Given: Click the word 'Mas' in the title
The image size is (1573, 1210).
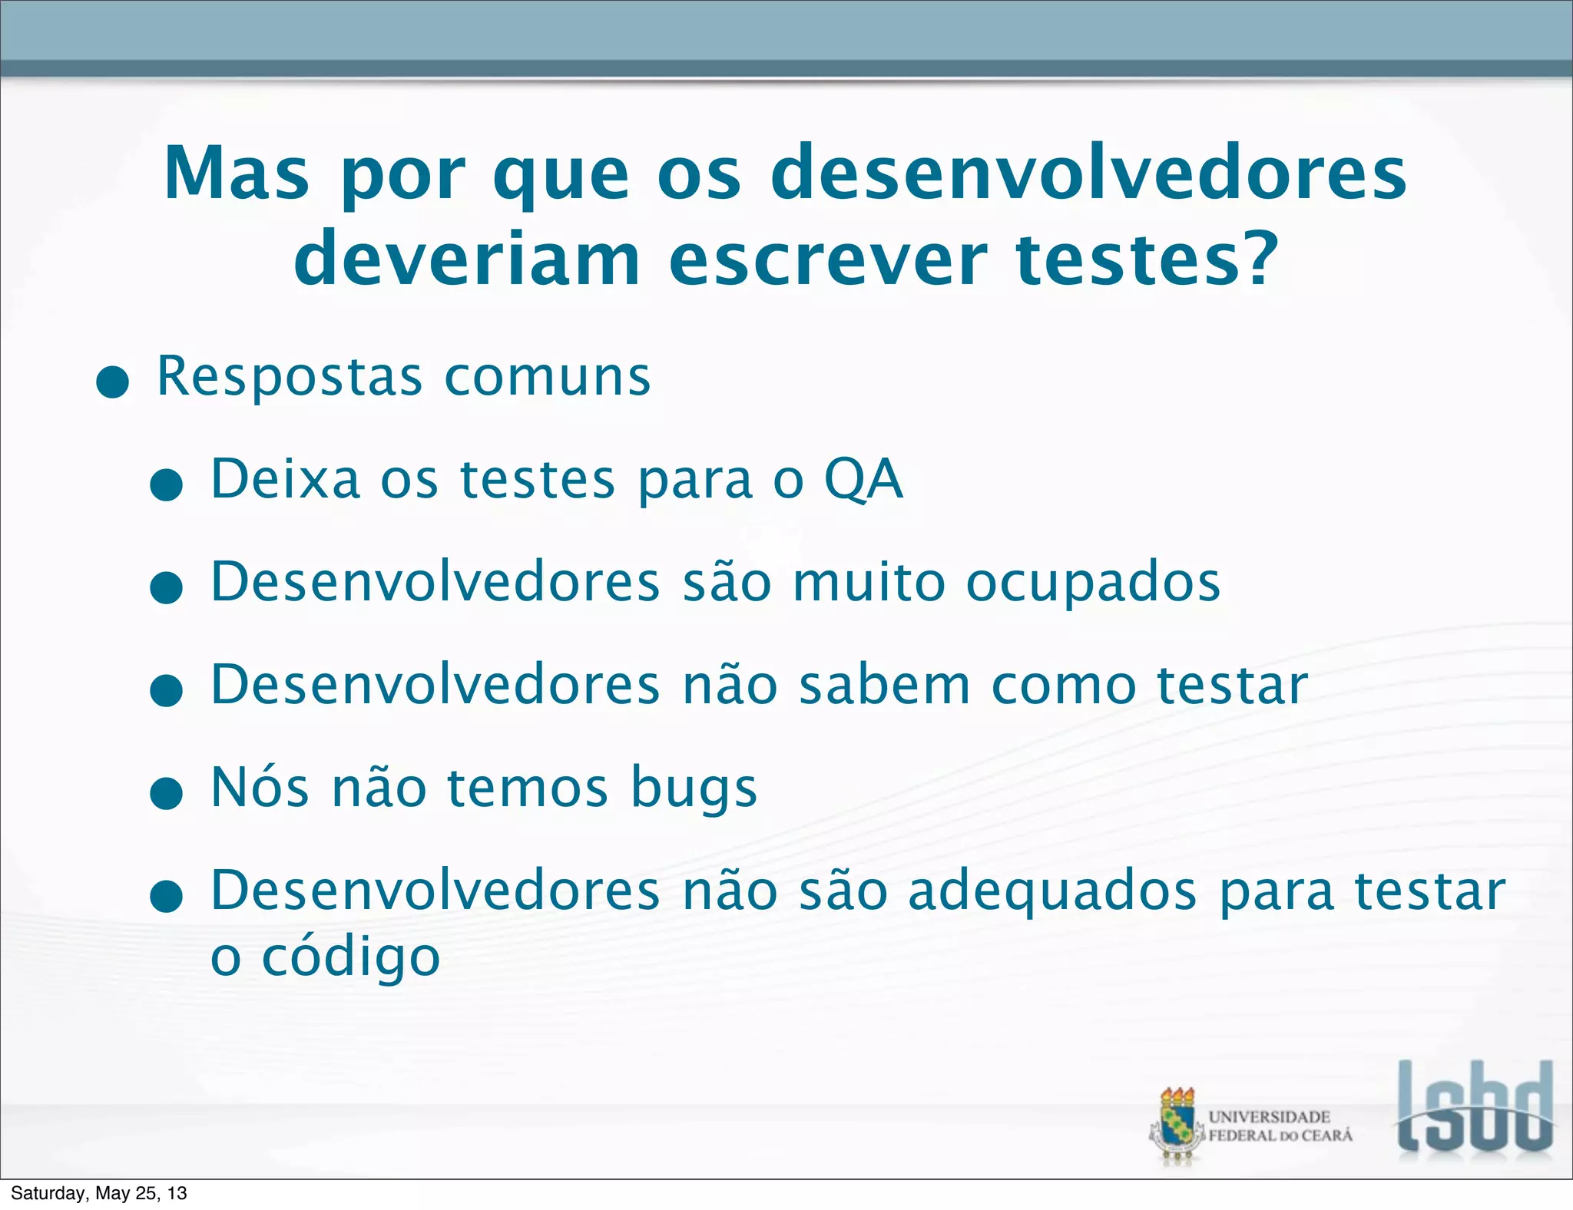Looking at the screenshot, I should [237, 175].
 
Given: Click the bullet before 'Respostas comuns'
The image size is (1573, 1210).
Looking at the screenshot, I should [113, 382].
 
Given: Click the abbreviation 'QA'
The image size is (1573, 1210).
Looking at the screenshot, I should [863, 480].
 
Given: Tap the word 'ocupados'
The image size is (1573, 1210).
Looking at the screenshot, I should [1092, 584].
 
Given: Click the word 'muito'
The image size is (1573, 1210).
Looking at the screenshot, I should [869, 582].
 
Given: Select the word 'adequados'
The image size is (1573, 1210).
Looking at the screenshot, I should [1052, 892].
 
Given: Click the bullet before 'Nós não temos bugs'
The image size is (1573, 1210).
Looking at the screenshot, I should [167, 793].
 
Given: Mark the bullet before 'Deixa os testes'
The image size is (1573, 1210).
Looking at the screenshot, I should [167, 485].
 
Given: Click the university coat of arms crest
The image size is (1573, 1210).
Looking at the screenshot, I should [1177, 1126].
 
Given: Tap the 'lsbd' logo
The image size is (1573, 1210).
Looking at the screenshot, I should [1474, 1108].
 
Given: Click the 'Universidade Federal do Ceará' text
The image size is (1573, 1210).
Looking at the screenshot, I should [1280, 1126].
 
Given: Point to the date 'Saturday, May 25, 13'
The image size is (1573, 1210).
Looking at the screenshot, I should [99, 1193].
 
